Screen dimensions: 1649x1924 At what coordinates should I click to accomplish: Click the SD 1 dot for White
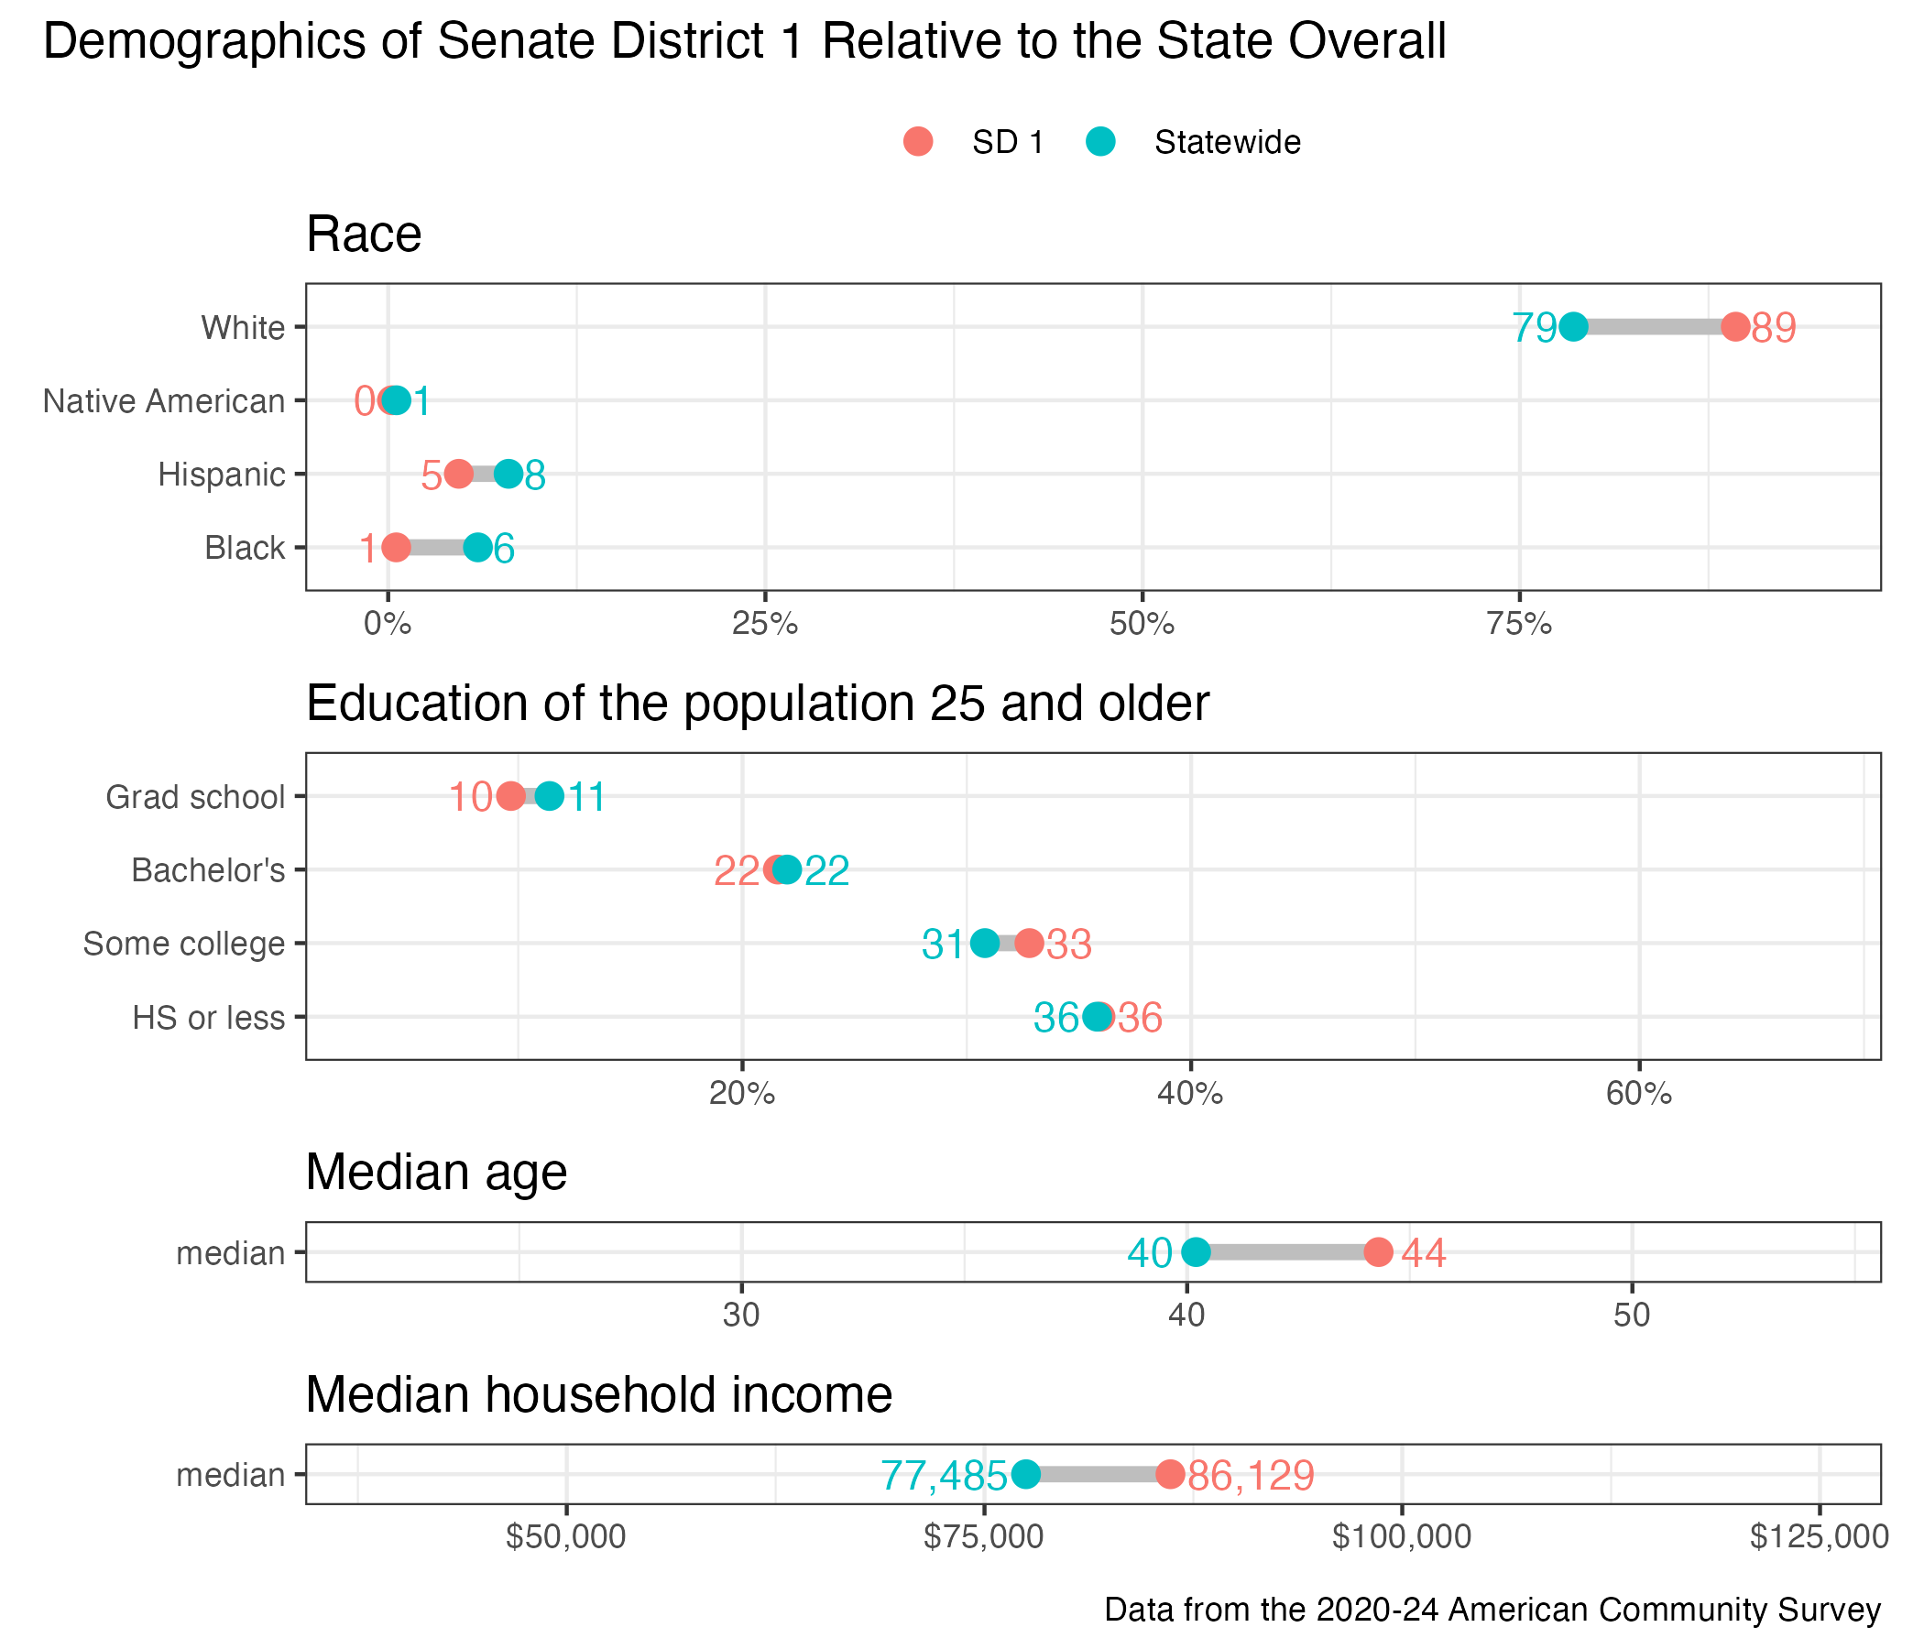click(x=1734, y=327)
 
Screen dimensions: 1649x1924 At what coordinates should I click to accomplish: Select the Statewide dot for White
click(x=1573, y=327)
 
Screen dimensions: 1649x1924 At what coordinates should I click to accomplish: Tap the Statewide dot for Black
click(x=477, y=548)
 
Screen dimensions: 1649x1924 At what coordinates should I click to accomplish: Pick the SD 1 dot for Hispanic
click(x=459, y=475)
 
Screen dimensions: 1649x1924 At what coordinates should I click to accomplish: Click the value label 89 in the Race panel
click(x=1774, y=329)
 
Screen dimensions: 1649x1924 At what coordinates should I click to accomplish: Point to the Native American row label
click(x=164, y=401)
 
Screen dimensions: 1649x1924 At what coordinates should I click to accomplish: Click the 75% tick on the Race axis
click(x=1519, y=625)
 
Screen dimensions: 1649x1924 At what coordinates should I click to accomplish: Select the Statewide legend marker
click(x=1100, y=142)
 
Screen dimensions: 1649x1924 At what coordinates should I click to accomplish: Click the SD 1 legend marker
click(x=917, y=142)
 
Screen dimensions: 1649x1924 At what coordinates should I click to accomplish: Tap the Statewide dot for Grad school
click(x=550, y=797)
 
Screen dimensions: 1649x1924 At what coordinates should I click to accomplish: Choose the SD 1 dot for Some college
click(x=1029, y=944)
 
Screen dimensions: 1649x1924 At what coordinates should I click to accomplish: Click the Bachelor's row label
click(x=208, y=871)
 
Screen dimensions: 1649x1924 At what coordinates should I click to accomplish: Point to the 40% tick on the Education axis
click(x=1190, y=1095)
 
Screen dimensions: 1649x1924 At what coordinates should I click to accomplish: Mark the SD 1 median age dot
click(x=1379, y=1252)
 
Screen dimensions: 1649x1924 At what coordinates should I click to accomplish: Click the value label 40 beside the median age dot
click(x=1150, y=1253)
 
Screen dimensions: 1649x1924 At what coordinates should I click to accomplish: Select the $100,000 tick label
click(x=1401, y=1536)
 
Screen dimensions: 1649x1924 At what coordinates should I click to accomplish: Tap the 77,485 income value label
click(x=944, y=1475)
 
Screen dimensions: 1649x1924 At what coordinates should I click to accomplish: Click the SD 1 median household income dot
click(x=1170, y=1474)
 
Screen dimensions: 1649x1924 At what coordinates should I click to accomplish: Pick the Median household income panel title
click(x=599, y=1394)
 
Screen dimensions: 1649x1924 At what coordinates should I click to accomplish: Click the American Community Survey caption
click(x=1492, y=1610)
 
